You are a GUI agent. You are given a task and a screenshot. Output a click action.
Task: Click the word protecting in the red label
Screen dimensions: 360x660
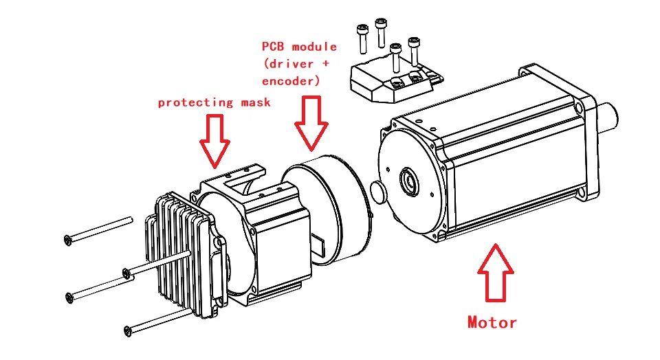click(196, 103)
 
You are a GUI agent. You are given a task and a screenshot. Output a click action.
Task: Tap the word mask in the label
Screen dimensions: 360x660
click(256, 103)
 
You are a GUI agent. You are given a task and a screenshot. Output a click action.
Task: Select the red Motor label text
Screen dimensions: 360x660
click(492, 322)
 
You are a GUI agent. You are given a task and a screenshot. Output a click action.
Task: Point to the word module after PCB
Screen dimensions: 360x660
click(314, 47)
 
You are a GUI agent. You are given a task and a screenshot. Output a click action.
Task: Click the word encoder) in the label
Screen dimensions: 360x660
click(291, 81)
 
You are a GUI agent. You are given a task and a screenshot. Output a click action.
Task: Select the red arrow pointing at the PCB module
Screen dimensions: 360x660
click(313, 124)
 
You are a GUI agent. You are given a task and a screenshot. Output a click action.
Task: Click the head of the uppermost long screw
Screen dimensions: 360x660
click(67, 239)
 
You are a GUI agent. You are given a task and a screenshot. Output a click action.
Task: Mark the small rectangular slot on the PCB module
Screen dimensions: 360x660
click(320, 243)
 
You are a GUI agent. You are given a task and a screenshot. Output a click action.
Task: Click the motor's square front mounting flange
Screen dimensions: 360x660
click(584, 137)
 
